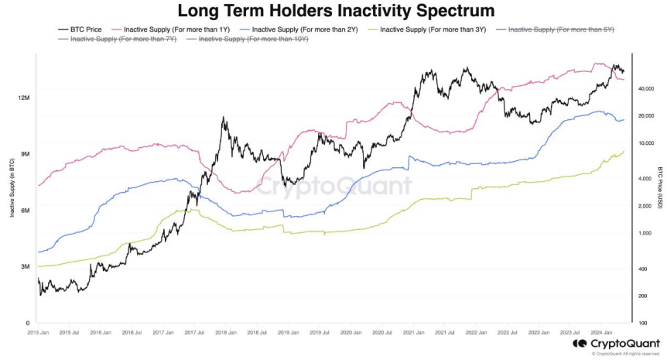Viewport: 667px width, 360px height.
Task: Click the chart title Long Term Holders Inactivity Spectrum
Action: tap(333, 11)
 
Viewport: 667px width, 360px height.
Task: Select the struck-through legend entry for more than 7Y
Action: tap(118, 38)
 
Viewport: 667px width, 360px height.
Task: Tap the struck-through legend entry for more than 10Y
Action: tap(248, 38)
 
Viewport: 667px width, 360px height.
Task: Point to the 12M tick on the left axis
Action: tap(23, 98)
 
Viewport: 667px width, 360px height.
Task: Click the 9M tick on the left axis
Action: tap(25, 154)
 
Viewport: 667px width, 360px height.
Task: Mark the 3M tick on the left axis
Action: tap(25, 267)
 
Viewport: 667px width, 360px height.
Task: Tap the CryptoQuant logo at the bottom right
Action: tap(615, 343)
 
